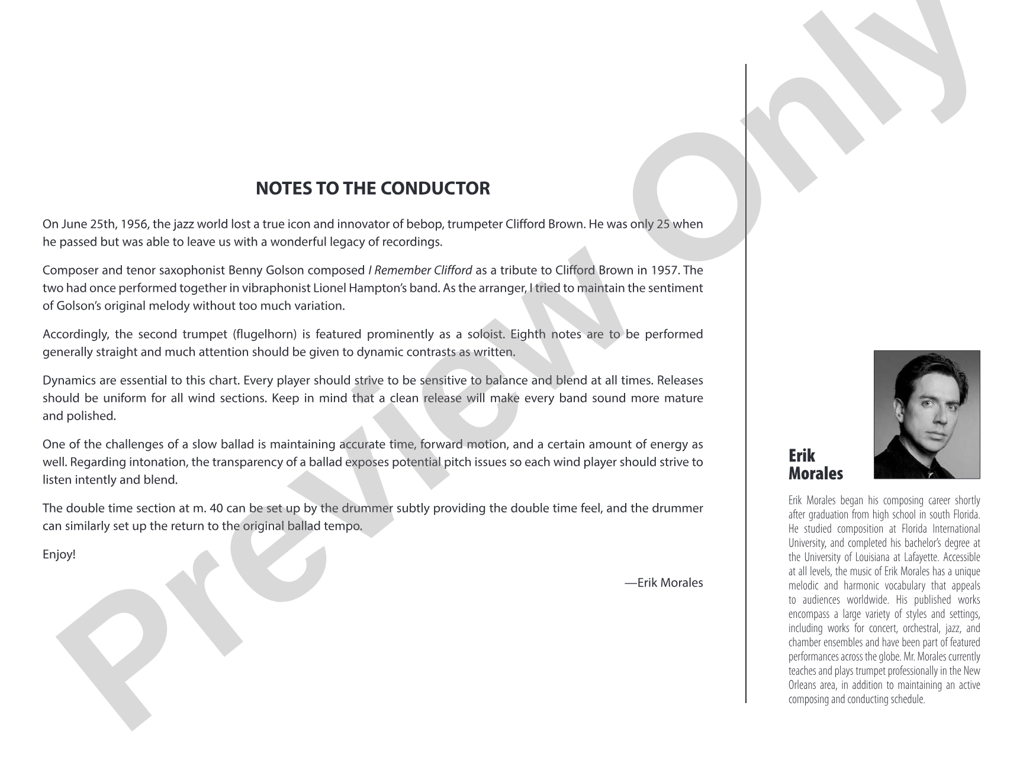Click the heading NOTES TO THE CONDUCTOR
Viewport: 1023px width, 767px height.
tap(372, 188)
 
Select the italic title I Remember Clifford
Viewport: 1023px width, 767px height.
tap(420, 270)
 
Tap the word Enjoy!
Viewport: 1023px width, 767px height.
tap(59, 555)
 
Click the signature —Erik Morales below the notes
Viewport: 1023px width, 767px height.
tap(664, 582)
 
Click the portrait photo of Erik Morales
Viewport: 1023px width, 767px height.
tap(927, 414)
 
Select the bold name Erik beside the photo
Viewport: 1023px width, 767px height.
tap(802, 456)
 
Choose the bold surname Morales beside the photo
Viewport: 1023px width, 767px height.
tap(815, 473)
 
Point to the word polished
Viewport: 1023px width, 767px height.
tap(95, 416)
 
